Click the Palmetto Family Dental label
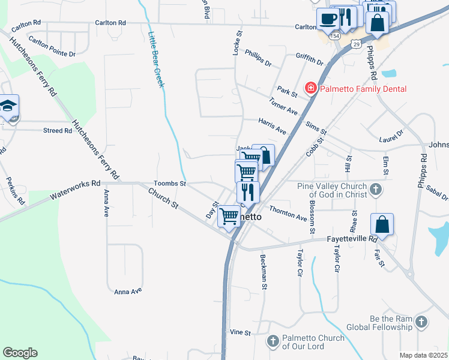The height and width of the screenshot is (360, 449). pos(363,89)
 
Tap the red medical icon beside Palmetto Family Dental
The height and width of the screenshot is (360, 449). pos(311,89)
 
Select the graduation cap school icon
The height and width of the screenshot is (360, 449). pos(8,106)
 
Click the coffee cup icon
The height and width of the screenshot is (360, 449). pos(328,19)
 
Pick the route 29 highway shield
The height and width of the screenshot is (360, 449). pos(357,44)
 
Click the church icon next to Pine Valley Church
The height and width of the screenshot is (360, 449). pos(376,190)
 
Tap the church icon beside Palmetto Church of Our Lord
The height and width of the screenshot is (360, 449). pos(273,341)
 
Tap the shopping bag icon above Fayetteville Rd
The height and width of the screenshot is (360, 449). pos(382,225)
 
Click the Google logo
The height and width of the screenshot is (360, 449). pos(20,353)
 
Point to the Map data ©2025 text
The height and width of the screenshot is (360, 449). pos(423,355)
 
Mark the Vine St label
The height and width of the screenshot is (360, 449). pos(240,332)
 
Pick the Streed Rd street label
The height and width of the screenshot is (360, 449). pos(58,130)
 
